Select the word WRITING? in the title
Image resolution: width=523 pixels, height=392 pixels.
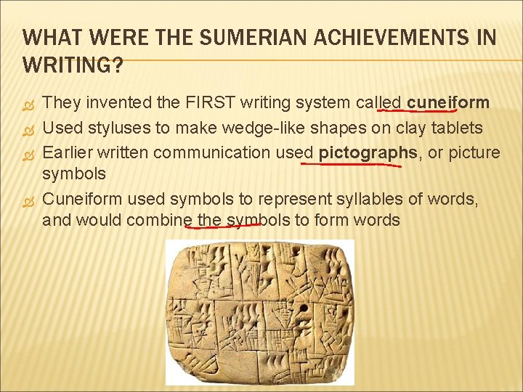click(x=73, y=65)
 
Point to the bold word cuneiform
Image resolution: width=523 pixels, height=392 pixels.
click(x=447, y=104)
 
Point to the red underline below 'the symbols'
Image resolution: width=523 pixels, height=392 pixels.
click(x=224, y=226)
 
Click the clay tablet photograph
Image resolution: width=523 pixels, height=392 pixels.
click(x=260, y=311)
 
